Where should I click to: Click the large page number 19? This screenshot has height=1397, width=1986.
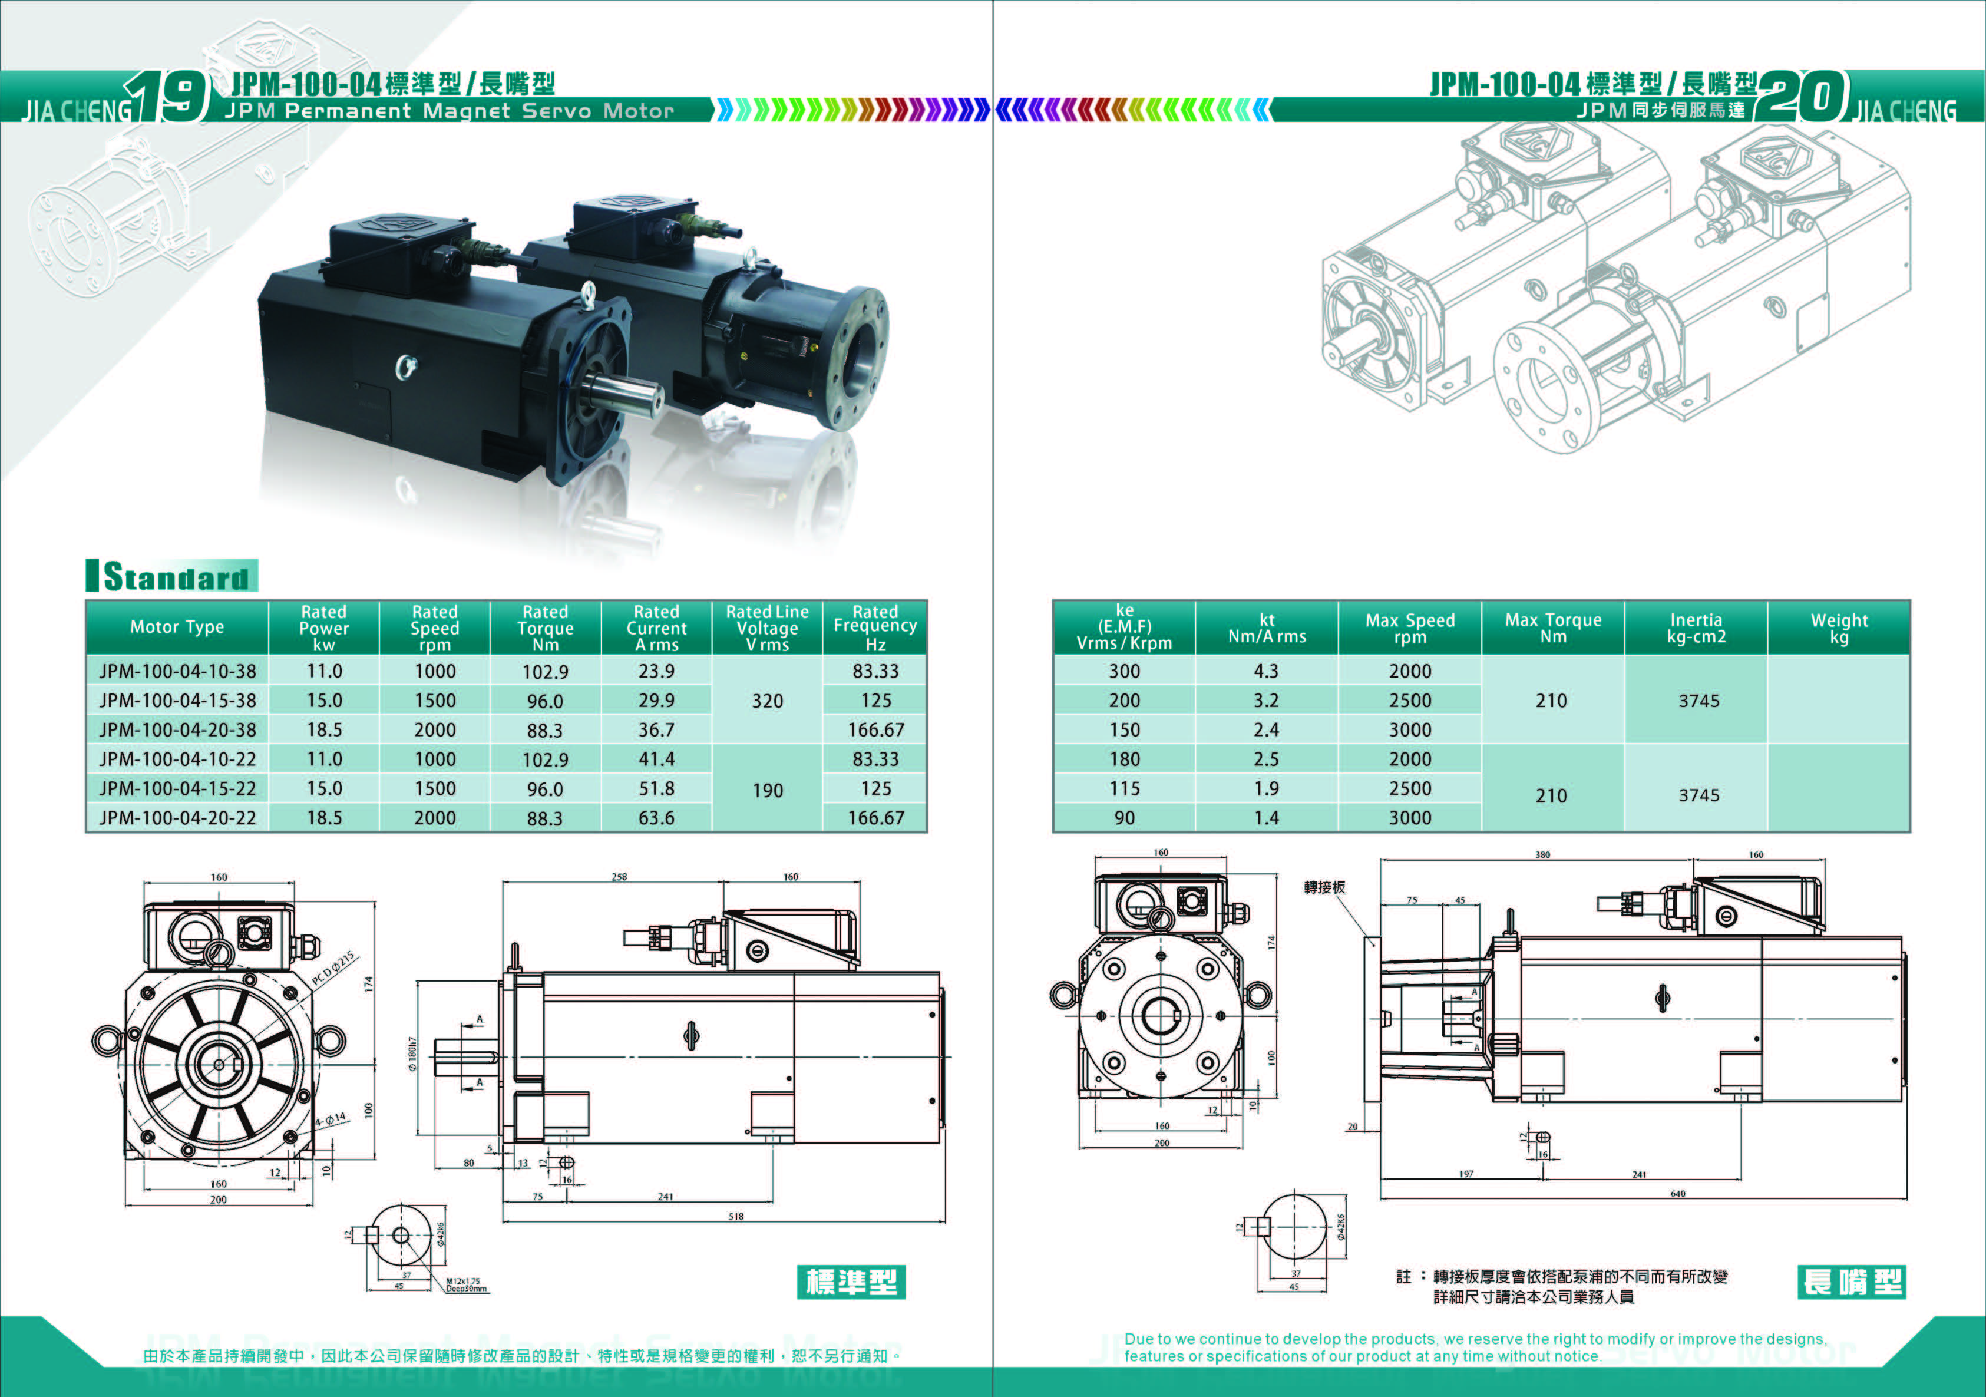(x=168, y=96)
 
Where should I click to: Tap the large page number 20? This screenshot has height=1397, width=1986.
(x=1801, y=96)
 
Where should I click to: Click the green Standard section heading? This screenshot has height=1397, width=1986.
(x=173, y=577)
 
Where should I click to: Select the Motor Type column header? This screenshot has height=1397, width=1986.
(x=177, y=627)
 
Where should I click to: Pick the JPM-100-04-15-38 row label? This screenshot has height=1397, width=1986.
(x=177, y=701)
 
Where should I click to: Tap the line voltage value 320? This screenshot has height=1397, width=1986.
(x=766, y=701)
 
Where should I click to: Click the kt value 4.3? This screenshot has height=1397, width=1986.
(x=1265, y=671)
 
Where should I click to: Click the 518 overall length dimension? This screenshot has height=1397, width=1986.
(x=735, y=1216)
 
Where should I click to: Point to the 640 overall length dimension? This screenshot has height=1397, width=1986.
(x=1677, y=1194)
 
